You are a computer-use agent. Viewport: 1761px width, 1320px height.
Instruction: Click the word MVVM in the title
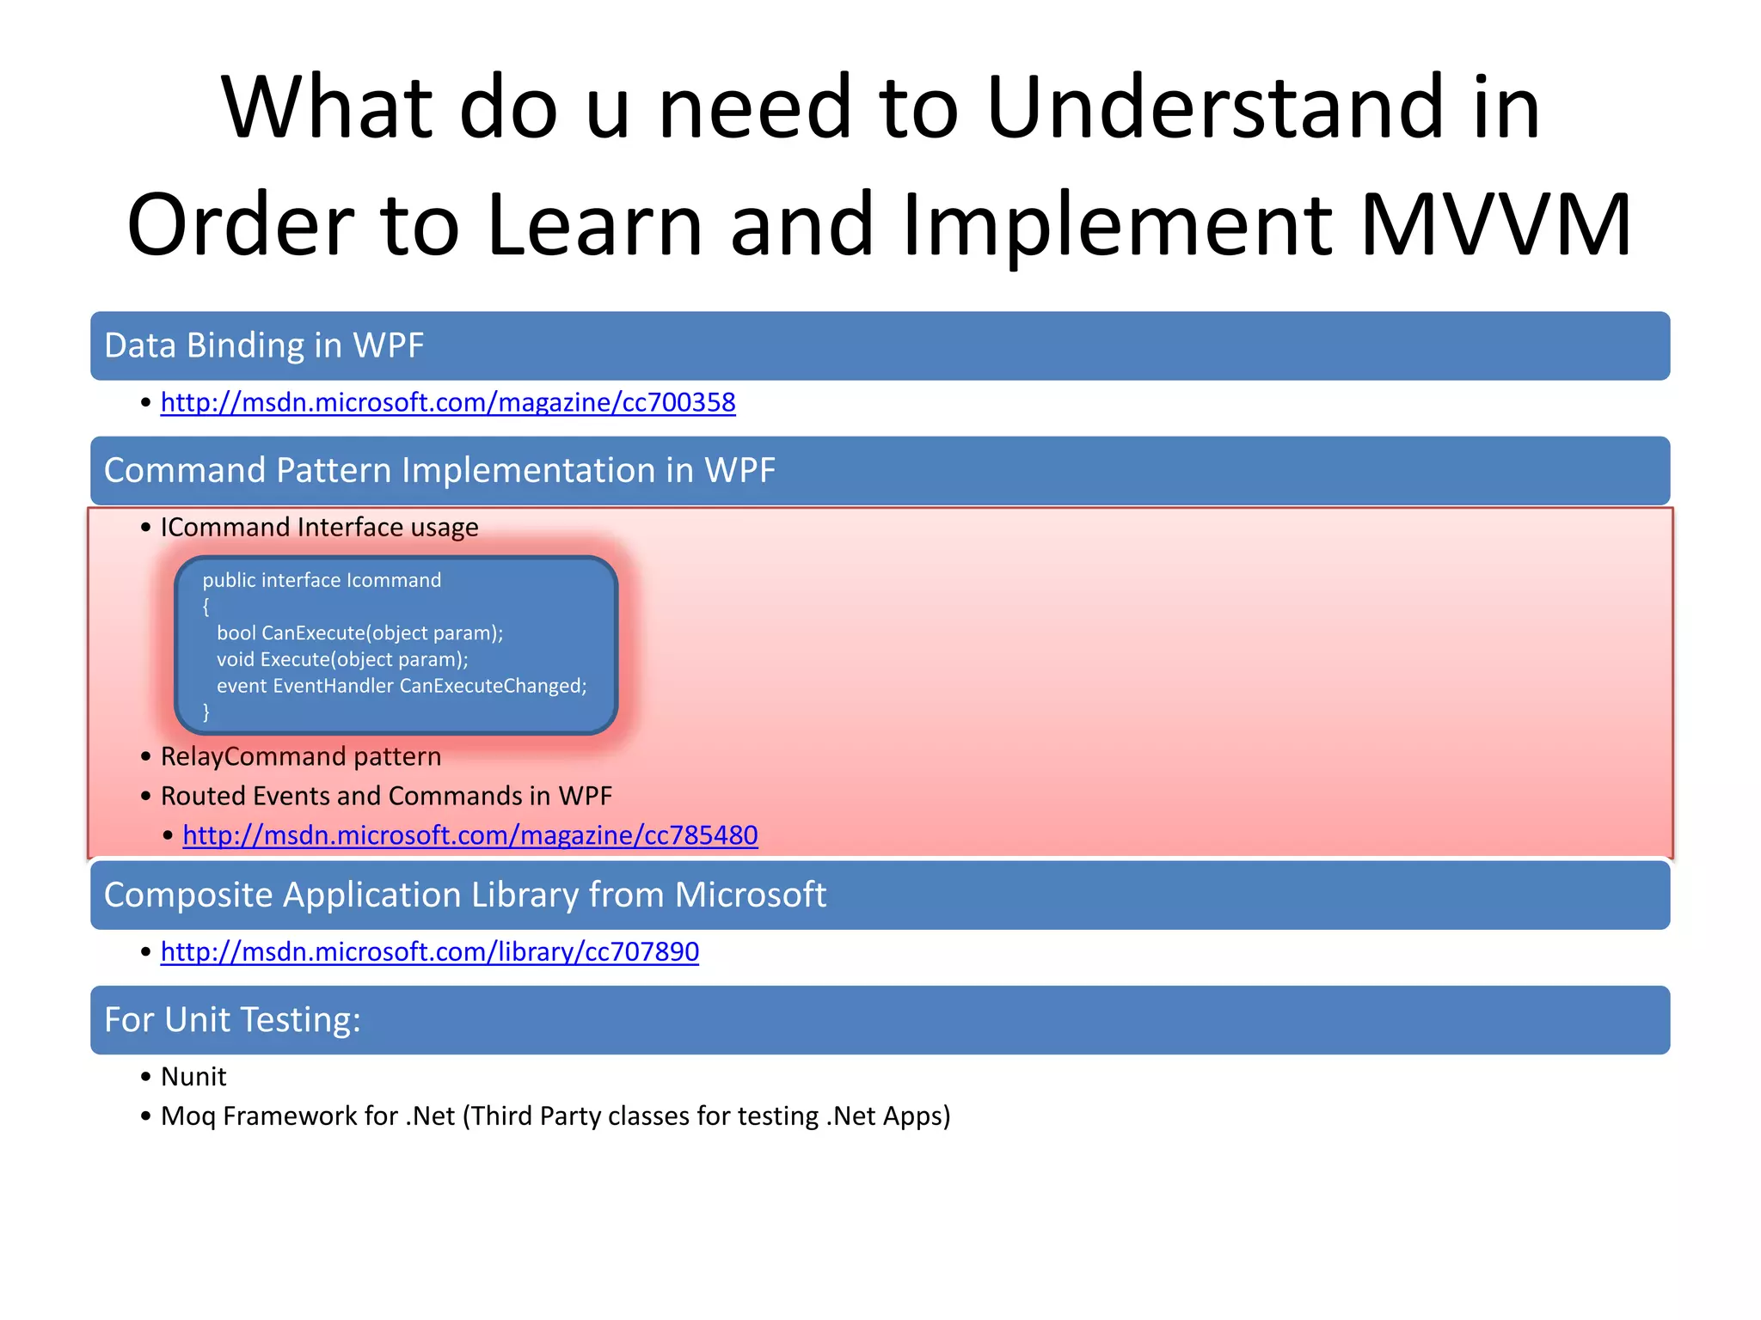pos(1496,225)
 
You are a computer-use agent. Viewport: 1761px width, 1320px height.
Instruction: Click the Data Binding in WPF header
pos(264,345)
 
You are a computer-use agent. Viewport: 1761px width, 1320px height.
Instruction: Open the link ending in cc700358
pos(448,402)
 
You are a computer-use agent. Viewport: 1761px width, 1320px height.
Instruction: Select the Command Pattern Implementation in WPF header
pos(439,471)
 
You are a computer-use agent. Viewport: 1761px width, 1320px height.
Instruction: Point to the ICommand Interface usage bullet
pos(319,527)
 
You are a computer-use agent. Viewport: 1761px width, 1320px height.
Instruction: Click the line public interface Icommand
pos(322,580)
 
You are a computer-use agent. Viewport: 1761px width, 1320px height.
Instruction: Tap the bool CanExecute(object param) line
pos(359,633)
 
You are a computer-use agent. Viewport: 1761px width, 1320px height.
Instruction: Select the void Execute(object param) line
pos(342,660)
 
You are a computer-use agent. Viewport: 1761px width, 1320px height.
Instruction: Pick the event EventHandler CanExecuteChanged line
pos(402,686)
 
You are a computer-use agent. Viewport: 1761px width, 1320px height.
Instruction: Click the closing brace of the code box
pos(206,712)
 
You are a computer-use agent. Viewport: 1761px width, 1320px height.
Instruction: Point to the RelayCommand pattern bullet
pos(300,756)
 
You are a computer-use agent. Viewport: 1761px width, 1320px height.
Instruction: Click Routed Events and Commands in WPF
pos(386,796)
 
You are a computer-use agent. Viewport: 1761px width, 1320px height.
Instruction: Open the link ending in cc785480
pos(470,835)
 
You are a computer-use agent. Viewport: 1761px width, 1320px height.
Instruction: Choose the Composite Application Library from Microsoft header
pos(464,895)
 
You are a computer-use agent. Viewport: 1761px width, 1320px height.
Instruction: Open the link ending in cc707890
pos(430,952)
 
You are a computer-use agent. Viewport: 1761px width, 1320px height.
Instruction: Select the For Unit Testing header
pos(232,1020)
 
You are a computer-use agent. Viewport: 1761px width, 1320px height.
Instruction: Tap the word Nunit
pos(193,1077)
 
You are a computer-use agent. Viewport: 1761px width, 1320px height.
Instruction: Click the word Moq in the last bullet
pos(188,1116)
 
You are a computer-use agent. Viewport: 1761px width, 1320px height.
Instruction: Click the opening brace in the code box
pos(206,607)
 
